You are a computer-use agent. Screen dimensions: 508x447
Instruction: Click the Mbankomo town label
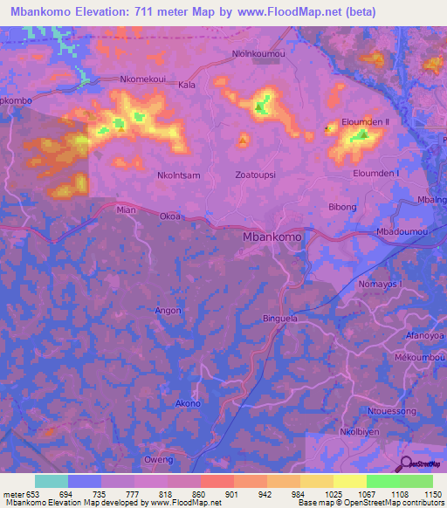(x=272, y=237)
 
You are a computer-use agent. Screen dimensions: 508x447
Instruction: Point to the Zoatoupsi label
(x=256, y=175)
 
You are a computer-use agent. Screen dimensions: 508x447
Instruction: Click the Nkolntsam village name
(x=178, y=175)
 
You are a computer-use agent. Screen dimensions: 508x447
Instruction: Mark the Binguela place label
(x=281, y=319)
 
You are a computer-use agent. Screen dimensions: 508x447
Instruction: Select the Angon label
(x=168, y=311)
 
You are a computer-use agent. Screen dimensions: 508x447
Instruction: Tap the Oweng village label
(x=159, y=459)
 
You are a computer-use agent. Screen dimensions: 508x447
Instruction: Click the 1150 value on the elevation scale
(x=431, y=496)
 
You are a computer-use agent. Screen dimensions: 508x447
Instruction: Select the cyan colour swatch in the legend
(x=51, y=481)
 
